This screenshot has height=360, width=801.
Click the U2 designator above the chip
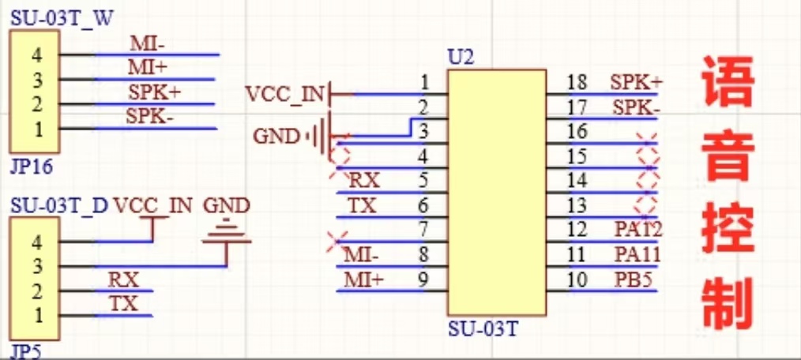461,57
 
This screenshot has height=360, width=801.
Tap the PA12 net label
637,230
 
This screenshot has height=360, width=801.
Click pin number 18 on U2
577,82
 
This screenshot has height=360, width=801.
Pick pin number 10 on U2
577,279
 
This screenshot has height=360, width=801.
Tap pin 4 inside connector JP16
38,55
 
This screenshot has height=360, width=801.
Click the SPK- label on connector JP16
150,117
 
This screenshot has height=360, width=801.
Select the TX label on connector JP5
123,304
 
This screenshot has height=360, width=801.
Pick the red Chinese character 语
726,81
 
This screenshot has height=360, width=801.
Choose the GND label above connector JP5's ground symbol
226,206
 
